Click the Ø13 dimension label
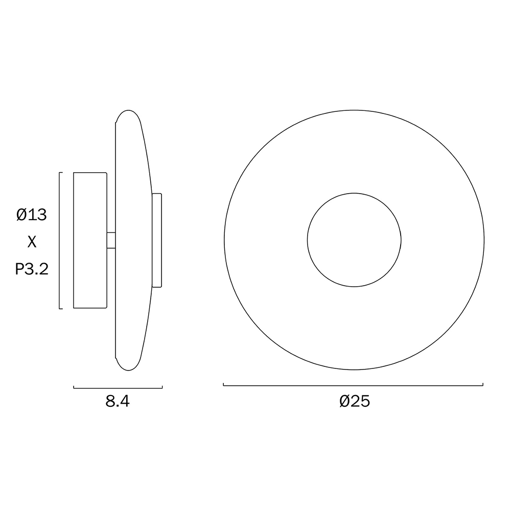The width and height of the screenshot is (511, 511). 32,215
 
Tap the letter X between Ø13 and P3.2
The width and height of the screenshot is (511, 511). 32,242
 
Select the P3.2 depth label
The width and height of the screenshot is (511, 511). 32,269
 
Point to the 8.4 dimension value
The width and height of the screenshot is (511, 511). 118,402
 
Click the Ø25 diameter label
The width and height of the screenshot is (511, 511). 355,401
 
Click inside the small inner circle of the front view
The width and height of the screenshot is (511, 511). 354,240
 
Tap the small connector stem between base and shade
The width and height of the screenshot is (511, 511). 111,240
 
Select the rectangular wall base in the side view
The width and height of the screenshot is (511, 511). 90,240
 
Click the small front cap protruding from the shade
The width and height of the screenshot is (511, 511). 157,240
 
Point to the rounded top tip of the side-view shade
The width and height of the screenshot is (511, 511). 128,110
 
